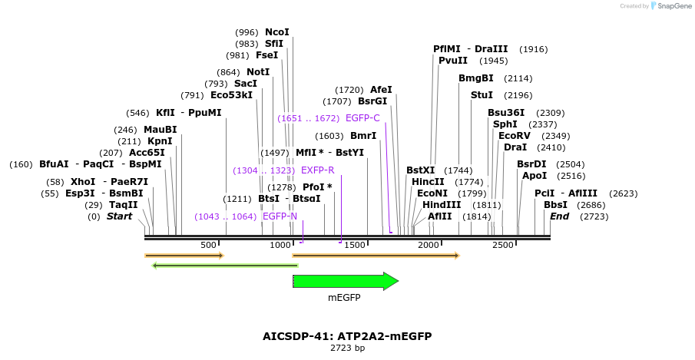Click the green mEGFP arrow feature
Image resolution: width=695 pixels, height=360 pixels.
click(x=345, y=281)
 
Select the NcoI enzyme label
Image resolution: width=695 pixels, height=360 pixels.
click(x=276, y=32)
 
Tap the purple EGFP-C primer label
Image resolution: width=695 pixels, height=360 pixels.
click(x=362, y=118)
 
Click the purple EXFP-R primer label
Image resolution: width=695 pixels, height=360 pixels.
click(x=317, y=170)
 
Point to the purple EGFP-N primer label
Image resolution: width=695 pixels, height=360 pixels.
click(x=280, y=216)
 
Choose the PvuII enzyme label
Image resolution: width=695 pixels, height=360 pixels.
click(x=453, y=61)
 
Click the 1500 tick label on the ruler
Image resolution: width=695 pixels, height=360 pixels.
click(x=355, y=245)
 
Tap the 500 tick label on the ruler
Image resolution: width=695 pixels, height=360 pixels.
click(x=208, y=245)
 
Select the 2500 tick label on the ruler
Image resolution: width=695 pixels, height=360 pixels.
click(x=502, y=245)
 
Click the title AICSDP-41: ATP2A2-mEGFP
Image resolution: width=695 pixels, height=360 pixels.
click(x=347, y=336)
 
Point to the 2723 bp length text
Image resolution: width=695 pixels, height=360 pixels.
click(x=347, y=348)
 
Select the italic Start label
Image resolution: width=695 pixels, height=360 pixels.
click(x=119, y=216)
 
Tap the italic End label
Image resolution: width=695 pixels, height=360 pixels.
click(x=559, y=216)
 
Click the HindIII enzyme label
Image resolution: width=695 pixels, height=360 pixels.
click(x=442, y=205)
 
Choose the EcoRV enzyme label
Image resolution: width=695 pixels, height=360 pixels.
click(x=515, y=136)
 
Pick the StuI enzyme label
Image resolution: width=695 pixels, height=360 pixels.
click(x=482, y=95)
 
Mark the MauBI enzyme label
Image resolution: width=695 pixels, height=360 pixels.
click(x=160, y=130)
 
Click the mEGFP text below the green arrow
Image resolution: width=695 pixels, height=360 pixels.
click(x=344, y=298)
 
